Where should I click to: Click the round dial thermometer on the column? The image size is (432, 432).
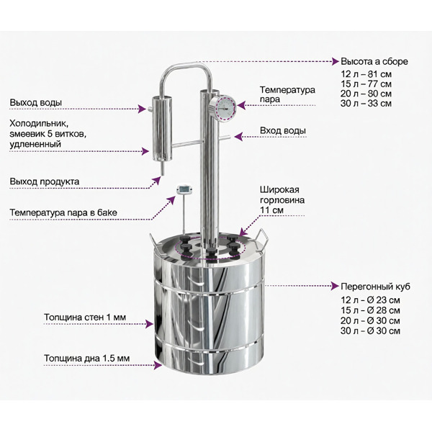click(222, 108)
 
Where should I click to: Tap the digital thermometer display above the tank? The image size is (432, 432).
click(184, 189)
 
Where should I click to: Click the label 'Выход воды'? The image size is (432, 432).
click(36, 103)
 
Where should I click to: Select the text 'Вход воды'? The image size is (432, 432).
click(283, 130)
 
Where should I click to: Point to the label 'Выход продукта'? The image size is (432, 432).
click(45, 181)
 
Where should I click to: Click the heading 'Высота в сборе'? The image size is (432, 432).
click(374, 61)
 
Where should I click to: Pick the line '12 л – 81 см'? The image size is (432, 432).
click(366, 74)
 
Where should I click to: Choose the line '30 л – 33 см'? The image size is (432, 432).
click(366, 103)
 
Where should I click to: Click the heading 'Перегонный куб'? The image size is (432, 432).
click(375, 287)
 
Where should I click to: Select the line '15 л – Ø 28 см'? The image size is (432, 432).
click(370, 310)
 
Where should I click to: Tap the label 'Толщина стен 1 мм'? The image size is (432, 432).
click(85, 317)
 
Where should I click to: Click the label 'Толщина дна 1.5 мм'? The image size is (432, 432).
click(87, 359)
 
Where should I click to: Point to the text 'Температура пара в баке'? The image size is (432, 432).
click(63, 212)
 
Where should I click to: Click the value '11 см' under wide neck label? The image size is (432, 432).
click(271, 210)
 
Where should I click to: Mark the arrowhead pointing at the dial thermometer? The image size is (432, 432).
click(241, 105)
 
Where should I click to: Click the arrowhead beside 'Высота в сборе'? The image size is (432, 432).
click(336, 61)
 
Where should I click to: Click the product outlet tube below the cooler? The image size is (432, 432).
click(162, 168)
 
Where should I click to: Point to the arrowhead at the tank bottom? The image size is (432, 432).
click(158, 365)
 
